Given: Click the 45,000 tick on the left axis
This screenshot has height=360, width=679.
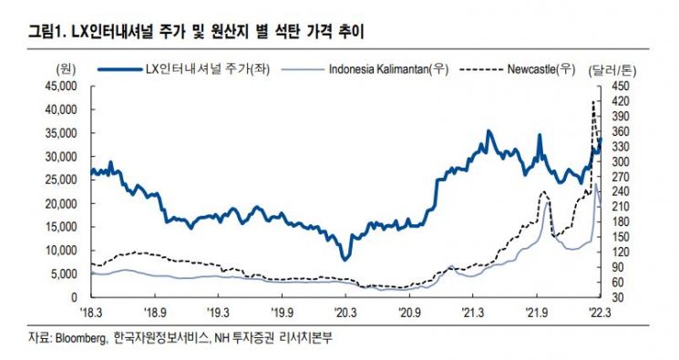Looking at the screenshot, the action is click(61, 87).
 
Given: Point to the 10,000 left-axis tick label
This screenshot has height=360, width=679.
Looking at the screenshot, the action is click(61, 251).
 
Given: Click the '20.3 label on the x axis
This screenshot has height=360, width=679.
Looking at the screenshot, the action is click(345, 313).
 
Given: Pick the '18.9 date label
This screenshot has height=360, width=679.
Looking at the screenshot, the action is click(155, 313).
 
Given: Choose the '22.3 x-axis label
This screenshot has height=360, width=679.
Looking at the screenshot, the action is click(600, 313).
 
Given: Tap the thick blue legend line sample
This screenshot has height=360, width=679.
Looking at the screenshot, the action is click(120, 69).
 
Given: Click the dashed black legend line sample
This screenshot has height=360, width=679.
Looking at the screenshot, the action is click(481, 69).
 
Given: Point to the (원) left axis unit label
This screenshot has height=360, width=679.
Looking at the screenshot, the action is click(66, 69).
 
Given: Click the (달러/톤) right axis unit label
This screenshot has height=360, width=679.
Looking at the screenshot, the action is click(612, 70).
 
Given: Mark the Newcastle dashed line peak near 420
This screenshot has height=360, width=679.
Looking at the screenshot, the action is click(592, 101).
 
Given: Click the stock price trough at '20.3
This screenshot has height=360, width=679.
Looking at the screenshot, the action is click(345, 260).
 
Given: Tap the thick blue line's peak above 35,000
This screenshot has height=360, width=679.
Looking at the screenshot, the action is click(489, 130).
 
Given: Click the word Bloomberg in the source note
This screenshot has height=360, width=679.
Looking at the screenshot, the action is click(80, 338).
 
